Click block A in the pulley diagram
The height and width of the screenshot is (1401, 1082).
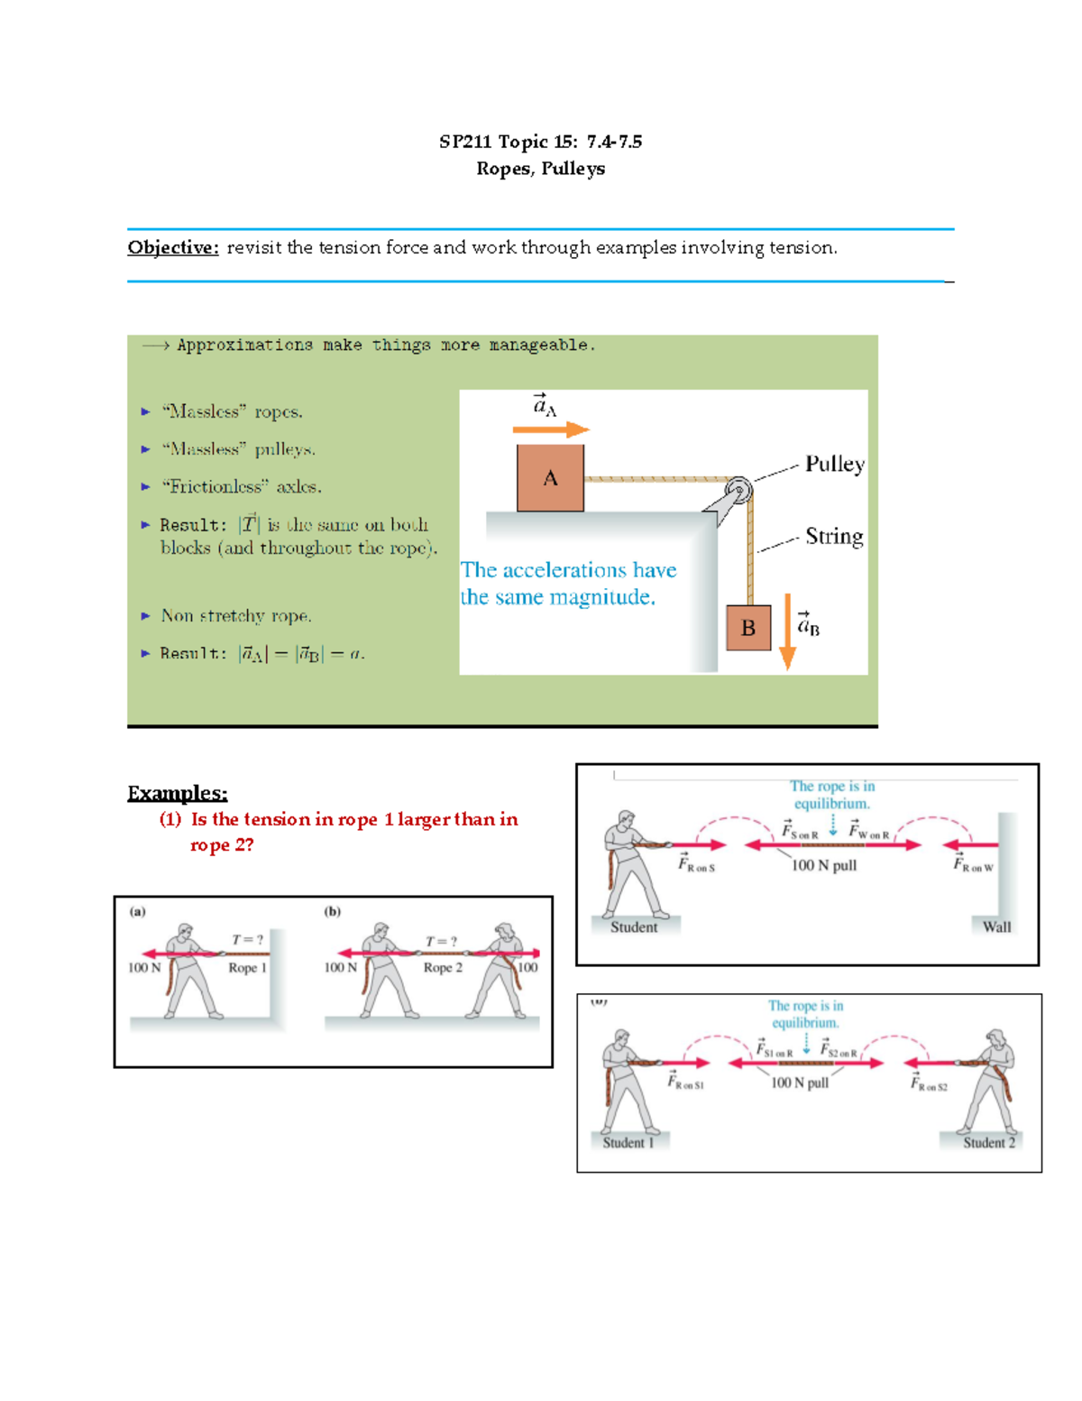click(x=550, y=478)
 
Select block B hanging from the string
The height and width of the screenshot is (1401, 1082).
click(x=748, y=628)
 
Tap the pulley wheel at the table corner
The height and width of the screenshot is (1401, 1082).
click(x=738, y=490)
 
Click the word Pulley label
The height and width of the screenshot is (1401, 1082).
click(x=834, y=465)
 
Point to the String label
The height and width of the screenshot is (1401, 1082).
click(x=834, y=537)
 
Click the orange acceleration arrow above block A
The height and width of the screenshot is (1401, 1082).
click(x=550, y=430)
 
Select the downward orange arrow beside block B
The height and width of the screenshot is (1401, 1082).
click(x=787, y=631)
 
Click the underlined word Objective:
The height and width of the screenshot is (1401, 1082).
click(x=173, y=248)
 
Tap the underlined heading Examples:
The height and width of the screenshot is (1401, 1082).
click(x=177, y=793)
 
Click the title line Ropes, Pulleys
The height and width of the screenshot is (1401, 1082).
click(x=540, y=169)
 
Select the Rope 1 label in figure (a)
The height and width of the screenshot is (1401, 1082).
click(x=247, y=968)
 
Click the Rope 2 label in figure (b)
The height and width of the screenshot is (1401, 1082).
click(x=443, y=968)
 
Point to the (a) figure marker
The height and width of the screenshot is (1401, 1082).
click(x=137, y=911)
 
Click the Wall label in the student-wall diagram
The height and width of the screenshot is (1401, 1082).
click(x=996, y=926)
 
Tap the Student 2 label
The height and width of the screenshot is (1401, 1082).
click(x=988, y=1143)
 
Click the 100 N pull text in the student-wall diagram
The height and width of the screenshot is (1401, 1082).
click(x=823, y=866)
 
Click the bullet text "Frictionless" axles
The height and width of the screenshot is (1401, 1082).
click(x=241, y=487)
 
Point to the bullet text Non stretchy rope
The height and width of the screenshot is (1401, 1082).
click(x=236, y=616)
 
